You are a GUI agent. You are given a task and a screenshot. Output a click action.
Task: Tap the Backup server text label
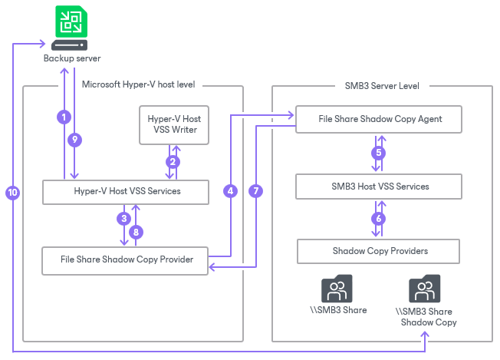[71, 58]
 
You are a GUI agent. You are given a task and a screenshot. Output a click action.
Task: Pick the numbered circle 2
[173, 161]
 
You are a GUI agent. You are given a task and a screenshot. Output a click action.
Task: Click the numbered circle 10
[12, 193]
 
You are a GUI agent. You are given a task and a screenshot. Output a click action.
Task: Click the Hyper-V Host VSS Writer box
[174, 124]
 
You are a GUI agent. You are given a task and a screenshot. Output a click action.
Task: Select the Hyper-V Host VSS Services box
[125, 191]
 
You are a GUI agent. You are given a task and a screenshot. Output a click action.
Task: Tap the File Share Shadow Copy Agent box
[380, 120]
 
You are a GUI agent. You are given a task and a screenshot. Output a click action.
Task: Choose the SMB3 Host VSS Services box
[380, 186]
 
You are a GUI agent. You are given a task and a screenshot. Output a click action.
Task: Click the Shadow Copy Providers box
[378, 251]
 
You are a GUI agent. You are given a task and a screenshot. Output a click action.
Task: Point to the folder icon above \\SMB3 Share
[337, 289]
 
